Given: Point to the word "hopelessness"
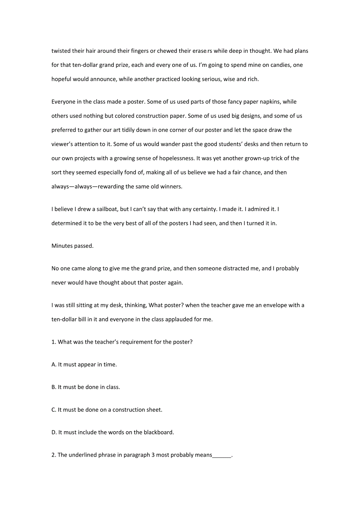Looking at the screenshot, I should click(175, 158).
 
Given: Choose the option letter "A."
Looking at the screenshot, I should click(54, 365).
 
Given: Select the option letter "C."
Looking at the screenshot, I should click(54, 410).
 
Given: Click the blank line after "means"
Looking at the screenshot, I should click(222, 456).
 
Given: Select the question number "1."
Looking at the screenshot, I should click(54, 342).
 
